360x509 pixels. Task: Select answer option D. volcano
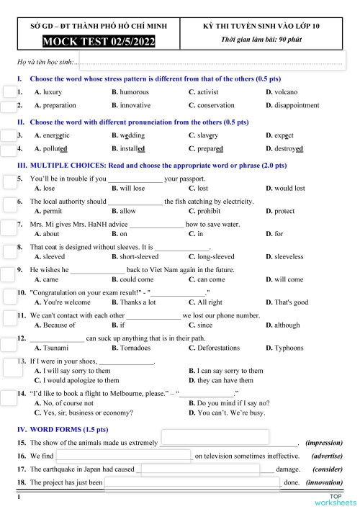282,92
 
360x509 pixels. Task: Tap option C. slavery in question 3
203,135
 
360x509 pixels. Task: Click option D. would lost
285,188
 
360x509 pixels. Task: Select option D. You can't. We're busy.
229,413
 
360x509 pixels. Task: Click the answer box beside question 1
9,92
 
